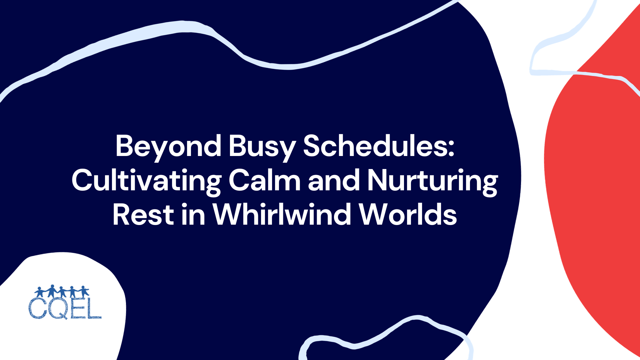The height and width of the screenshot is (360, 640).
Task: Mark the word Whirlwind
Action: click(282, 215)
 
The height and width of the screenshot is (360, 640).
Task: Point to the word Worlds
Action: click(408, 215)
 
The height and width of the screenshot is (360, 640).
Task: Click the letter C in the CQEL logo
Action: click(37, 308)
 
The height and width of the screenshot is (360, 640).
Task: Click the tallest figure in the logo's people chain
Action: click(52, 291)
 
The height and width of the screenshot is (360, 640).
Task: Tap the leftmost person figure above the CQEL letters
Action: click(40, 292)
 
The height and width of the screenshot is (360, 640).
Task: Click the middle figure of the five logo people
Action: click(62, 292)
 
